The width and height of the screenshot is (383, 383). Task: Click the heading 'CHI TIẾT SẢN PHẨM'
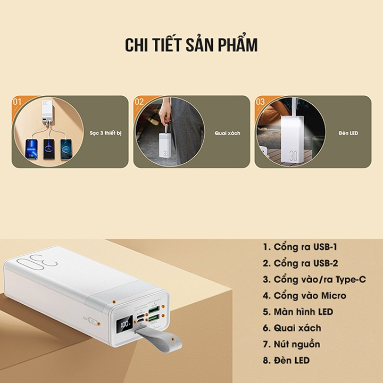191,45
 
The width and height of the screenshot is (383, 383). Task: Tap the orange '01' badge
17,101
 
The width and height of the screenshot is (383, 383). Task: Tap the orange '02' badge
139,101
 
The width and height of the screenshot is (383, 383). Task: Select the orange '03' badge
260,101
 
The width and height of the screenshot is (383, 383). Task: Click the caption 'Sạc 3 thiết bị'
105,132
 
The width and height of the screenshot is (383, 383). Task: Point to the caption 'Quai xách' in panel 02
227,132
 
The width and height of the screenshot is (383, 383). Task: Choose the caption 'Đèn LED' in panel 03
348,132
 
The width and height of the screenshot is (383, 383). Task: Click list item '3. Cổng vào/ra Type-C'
314,279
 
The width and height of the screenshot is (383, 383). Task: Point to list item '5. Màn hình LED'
305,312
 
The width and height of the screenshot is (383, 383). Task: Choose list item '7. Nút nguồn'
298,344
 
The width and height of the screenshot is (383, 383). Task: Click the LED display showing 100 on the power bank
126,323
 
